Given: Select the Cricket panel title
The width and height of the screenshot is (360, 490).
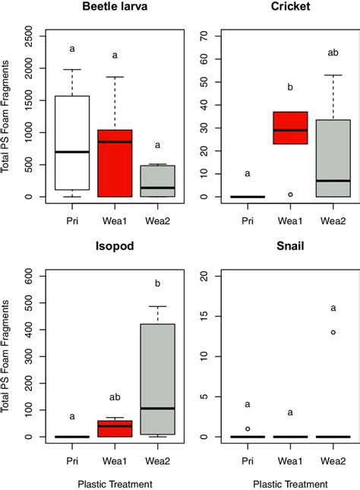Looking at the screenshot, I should tap(280, 9).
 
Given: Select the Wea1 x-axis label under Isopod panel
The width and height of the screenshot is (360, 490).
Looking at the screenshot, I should tap(115, 460).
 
